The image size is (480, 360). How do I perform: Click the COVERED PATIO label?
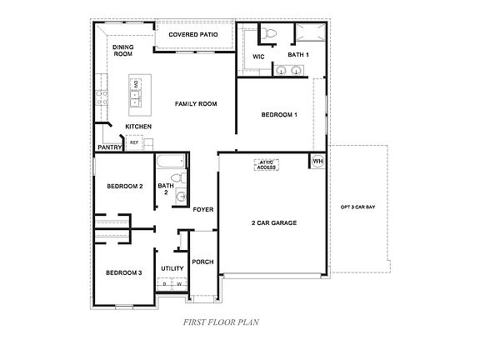[x=194, y=35]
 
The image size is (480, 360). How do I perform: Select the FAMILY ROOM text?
[x=196, y=104]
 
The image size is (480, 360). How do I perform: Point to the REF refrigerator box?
[x=134, y=142]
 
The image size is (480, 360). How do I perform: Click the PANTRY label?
[x=109, y=147]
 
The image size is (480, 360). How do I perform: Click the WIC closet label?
[x=258, y=56]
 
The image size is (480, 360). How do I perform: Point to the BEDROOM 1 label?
[x=278, y=114]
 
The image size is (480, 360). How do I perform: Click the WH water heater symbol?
[x=317, y=161]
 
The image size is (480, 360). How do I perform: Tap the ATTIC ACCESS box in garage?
[x=267, y=165]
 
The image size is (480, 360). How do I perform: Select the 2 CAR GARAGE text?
[x=274, y=222]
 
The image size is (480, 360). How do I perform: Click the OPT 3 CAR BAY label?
[x=357, y=206]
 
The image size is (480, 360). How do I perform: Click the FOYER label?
[x=203, y=209]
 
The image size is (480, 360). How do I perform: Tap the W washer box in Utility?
[x=178, y=283]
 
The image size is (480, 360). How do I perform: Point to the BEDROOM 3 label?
[x=122, y=272]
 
